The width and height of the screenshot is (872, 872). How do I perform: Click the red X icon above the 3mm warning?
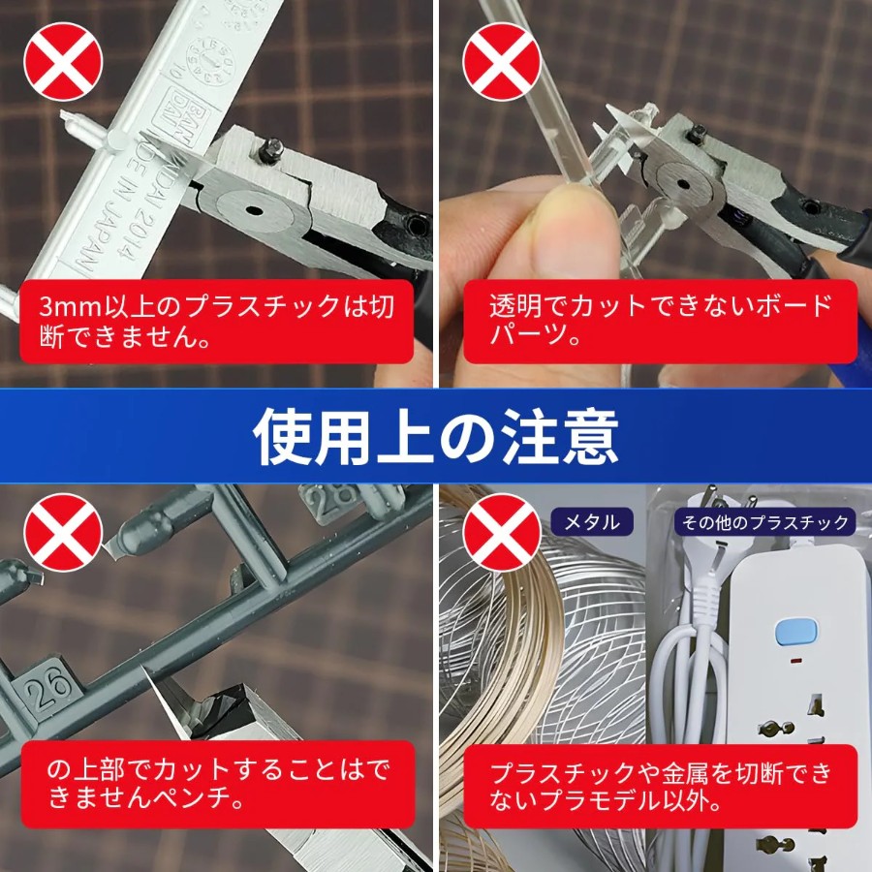point(63,62)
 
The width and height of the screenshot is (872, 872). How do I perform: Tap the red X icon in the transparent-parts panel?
point(502,62)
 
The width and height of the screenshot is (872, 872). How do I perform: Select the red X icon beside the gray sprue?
point(63,532)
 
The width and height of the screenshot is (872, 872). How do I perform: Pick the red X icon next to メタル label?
point(502,532)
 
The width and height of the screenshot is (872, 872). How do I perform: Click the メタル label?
point(592,521)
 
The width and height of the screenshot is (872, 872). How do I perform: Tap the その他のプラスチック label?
point(764,521)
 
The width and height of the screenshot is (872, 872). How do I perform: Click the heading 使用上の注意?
point(435,437)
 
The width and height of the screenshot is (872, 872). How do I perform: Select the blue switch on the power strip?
point(795,633)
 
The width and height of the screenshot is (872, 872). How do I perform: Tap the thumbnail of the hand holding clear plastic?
point(655,194)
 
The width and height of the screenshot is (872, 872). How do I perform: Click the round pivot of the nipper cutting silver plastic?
point(254,211)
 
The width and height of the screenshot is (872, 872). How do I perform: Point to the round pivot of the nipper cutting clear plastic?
point(683,185)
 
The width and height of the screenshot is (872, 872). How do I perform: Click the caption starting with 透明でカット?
point(660,321)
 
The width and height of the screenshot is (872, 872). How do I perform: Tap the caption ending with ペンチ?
point(218,784)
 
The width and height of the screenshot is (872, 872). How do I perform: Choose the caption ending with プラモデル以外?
point(660,787)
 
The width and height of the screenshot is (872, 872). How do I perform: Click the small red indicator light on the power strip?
point(795,662)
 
